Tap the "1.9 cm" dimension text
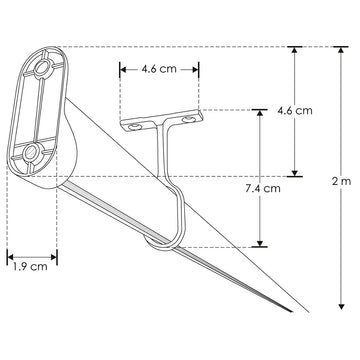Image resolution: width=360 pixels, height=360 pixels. point(31,266)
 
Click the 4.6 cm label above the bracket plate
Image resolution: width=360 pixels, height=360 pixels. point(160,69)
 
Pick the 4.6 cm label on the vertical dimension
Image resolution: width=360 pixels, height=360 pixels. point(295,110)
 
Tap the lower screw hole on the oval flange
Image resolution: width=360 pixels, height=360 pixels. point(31,151)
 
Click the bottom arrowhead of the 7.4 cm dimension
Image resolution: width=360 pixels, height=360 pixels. point(260,242)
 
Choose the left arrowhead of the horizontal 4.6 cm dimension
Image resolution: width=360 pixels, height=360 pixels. point(123,69)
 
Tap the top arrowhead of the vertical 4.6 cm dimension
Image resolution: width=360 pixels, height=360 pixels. point(295,49)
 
